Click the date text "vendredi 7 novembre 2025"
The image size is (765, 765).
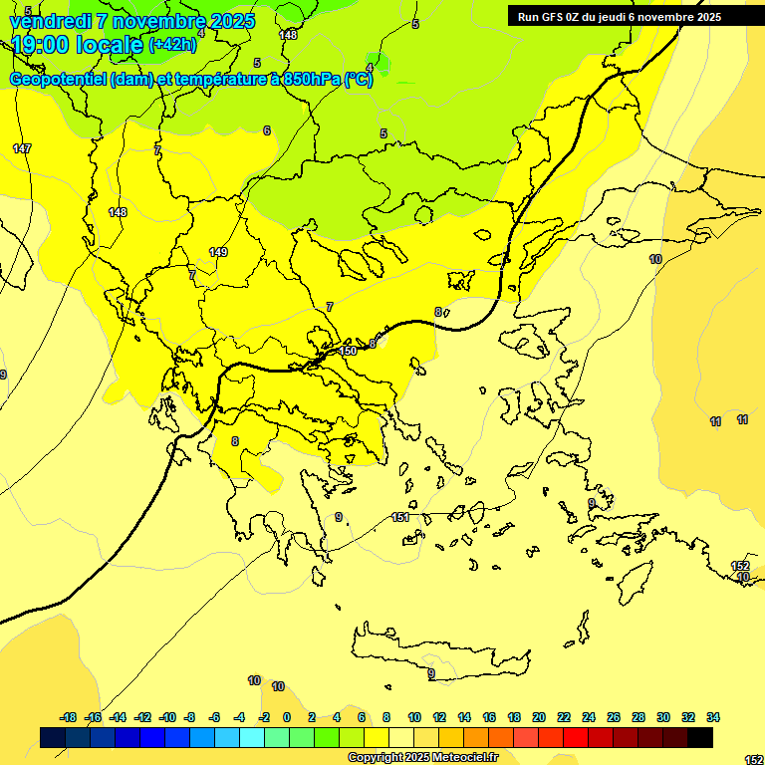(131, 21)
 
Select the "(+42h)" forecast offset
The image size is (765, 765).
(172, 44)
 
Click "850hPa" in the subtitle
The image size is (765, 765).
(312, 80)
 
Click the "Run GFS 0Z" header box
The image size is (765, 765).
(620, 16)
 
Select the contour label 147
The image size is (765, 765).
(22, 148)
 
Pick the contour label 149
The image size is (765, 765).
(218, 252)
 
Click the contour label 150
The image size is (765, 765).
(348, 351)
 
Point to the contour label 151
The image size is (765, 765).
(400, 517)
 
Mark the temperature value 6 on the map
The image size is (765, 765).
(267, 130)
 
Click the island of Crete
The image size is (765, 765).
(438, 657)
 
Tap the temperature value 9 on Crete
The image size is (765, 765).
(431, 674)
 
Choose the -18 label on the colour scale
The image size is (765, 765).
(69, 717)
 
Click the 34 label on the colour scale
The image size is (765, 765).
(713, 717)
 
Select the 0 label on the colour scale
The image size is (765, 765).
(287, 717)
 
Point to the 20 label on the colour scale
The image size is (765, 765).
(539, 717)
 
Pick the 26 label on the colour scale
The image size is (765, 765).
(614, 717)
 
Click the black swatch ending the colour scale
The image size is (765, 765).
(700, 737)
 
